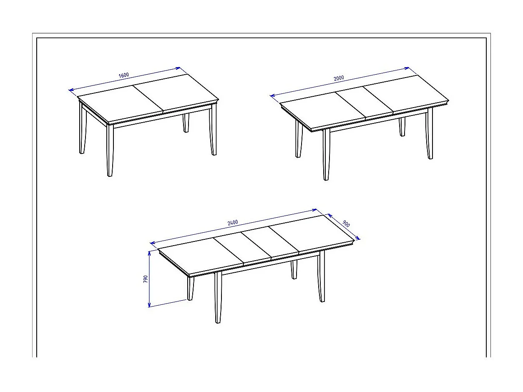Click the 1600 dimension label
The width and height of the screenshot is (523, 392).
(x=124, y=75)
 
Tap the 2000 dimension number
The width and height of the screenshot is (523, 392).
(x=339, y=78)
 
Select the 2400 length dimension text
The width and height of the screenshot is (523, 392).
(x=233, y=222)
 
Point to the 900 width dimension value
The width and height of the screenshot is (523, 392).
(x=346, y=224)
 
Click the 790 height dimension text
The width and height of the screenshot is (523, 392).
(x=146, y=279)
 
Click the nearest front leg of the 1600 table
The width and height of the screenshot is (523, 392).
(x=110, y=150)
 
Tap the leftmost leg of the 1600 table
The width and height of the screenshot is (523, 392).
(x=83, y=129)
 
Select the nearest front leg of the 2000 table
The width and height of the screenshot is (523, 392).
(x=326, y=154)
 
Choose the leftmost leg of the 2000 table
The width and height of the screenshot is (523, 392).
(x=299, y=140)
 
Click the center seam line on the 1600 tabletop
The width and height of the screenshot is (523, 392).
(x=148, y=98)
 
